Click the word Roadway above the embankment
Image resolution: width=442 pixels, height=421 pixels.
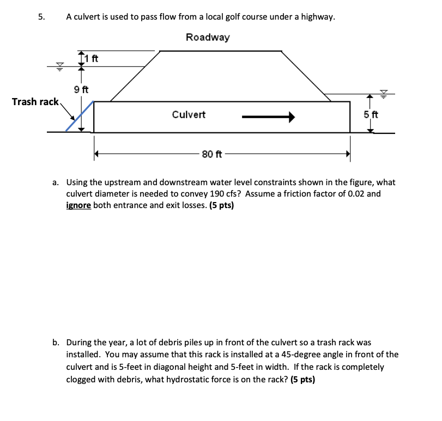tap(208, 37)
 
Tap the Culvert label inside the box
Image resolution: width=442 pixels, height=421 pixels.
tap(189, 114)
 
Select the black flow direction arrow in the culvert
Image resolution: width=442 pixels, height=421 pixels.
tap(268, 116)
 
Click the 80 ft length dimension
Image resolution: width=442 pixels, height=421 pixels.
tap(211, 154)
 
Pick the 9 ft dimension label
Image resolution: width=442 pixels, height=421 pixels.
tap(81, 89)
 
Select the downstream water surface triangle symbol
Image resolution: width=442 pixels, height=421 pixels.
tap(384, 94)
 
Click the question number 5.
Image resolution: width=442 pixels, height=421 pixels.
tap(41, 17)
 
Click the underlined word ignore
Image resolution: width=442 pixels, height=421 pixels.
tap(78, 205)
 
